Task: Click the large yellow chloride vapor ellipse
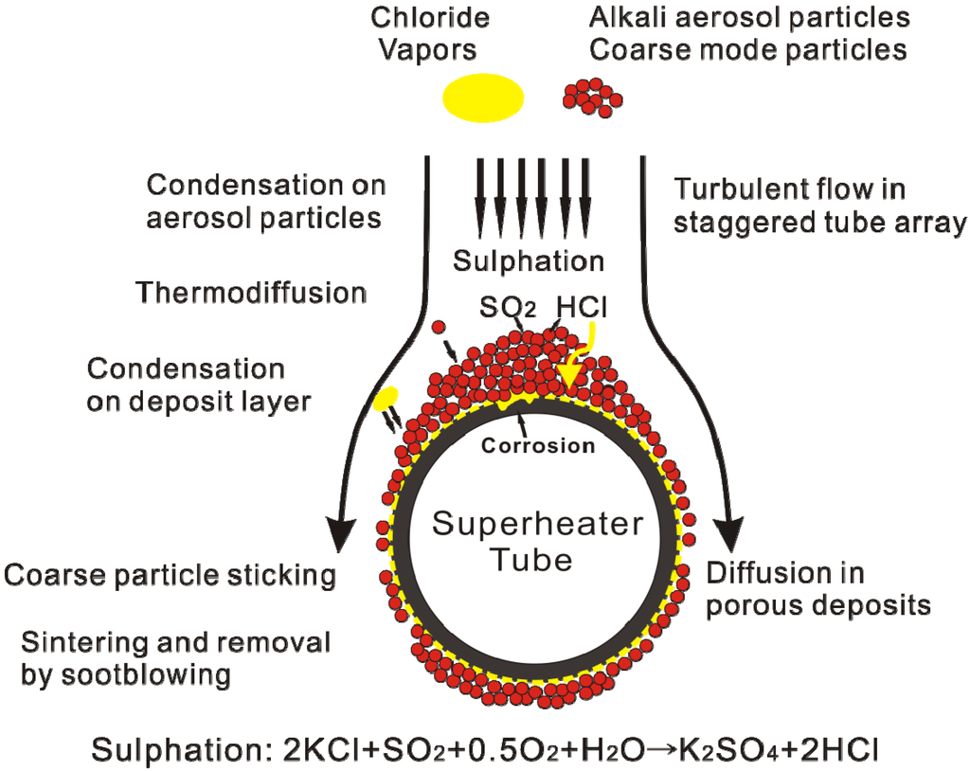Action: (483, 97)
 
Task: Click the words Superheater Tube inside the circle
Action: (537, 541)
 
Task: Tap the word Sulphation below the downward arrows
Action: (528, 260)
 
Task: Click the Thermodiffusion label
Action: (251, 293)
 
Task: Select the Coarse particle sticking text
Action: (171, 575)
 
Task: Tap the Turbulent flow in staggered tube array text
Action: (820, 206)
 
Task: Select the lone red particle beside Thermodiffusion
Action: (439, 328)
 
